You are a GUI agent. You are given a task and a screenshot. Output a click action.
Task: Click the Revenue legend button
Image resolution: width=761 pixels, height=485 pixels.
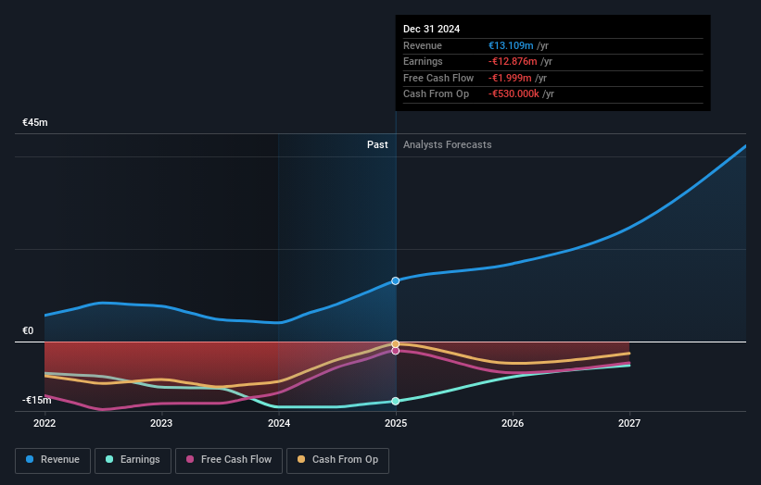tap(53, 459)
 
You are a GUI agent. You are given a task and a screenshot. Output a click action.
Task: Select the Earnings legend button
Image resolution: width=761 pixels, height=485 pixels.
tap(133, 459)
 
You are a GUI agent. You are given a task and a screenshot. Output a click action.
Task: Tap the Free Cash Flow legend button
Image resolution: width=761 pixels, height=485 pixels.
tap(229, 459)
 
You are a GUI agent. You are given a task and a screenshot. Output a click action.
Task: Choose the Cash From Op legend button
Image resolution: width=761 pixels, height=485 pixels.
tap(338, 459)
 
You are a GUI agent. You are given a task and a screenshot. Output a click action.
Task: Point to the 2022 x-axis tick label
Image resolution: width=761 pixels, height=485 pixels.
tap(44, 424)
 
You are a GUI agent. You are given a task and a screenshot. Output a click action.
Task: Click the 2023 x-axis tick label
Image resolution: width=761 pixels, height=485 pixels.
tap(161, 424)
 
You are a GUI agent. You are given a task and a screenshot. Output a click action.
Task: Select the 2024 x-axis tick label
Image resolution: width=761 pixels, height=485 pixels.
tap(279, 424)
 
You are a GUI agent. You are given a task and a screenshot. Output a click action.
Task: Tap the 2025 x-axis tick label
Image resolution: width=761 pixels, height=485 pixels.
tap(396, 424)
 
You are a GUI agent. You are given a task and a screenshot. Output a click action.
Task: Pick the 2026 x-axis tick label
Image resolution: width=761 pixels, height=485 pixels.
tap(513, 424)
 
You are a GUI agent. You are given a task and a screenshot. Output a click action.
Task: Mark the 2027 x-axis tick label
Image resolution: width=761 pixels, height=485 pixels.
tap(629, 424)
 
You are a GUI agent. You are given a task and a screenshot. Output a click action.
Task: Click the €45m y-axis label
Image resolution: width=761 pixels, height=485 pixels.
tap(35, 122)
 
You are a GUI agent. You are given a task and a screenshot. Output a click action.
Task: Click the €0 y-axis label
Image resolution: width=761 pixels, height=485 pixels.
tap(28, 330)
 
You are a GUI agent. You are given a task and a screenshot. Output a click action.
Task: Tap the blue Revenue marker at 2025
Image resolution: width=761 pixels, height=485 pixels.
tap(396, 280)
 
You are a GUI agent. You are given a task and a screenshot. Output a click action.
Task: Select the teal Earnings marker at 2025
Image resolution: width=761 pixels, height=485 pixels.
tap(396, 401)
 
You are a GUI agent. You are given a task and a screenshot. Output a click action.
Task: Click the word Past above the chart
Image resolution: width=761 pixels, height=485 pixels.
tap(377, 144)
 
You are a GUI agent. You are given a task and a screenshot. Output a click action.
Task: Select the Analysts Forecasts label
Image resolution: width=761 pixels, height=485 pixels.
tap(448, 144)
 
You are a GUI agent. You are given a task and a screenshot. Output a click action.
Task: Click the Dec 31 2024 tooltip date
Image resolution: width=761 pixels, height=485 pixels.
tap(432, 30)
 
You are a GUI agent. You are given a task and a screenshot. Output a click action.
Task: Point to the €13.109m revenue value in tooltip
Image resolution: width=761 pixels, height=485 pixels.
tap(512, 46)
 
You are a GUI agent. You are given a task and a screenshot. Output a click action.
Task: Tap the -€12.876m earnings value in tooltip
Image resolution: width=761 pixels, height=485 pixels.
tap(514, 62)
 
